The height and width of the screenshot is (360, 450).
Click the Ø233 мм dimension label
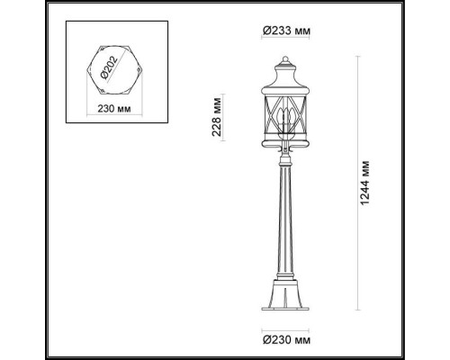point(287,31)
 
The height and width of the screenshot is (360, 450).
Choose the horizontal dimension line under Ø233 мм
point(287,43)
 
